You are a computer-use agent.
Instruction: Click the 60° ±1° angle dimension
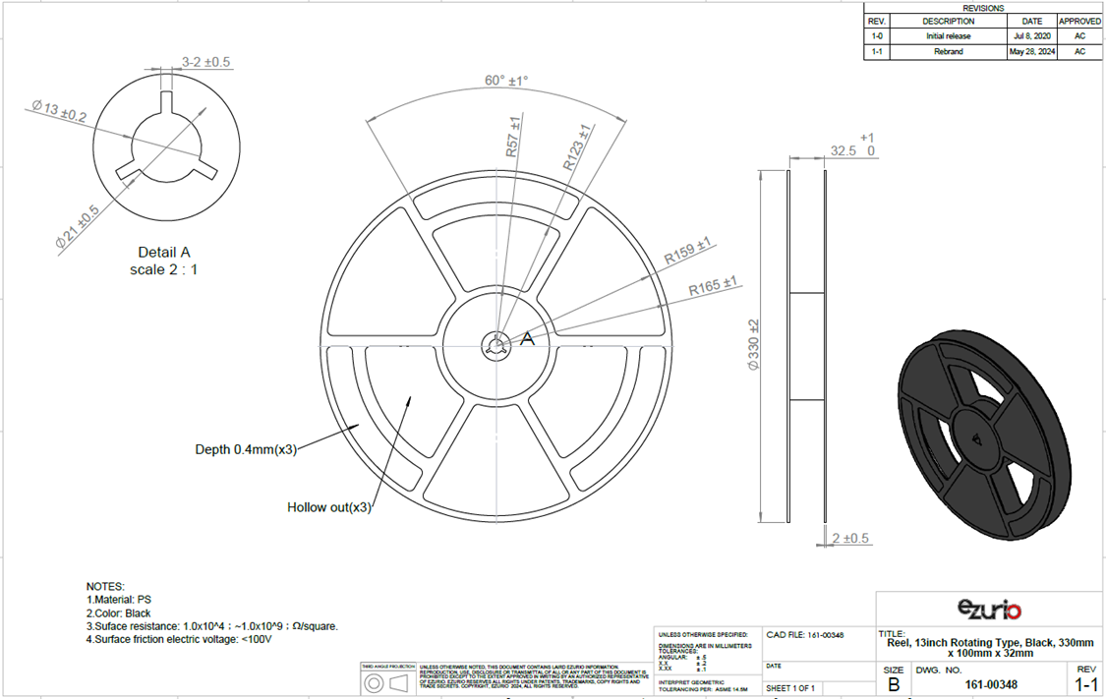click(506, 81)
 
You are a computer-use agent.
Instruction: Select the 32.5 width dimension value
click(842, 152)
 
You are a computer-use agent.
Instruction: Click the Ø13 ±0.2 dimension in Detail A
click(59, 111)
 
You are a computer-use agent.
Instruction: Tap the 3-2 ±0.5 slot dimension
click(206, 62)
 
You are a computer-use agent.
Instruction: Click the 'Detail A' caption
click(163, 253)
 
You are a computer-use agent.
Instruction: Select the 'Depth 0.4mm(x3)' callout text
click(245, 449)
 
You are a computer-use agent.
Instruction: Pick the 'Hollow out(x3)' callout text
click(329, 507)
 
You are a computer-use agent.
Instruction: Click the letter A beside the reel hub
click(527, 339)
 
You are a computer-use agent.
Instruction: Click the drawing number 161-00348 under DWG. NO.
click(989, 683)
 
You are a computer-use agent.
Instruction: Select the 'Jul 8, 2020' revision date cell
click(1031, 36)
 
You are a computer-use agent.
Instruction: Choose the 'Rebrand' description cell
click(948, 52)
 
